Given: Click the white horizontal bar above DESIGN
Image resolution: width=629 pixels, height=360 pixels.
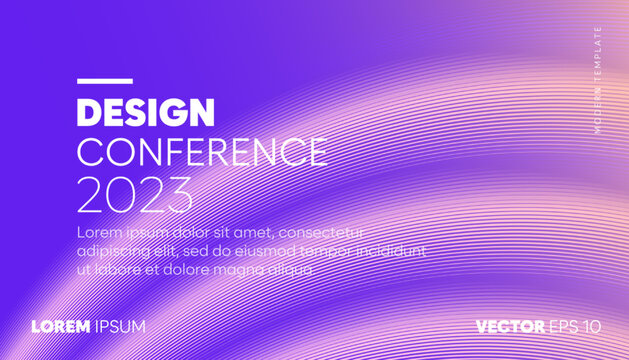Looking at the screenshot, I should (x=104, y=80).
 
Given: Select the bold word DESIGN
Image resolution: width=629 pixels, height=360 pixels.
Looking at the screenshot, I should (x=145, y=112).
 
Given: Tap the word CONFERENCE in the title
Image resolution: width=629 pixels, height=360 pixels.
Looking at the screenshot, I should (x=202, y=152).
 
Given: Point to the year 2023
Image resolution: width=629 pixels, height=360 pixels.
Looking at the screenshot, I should (x=135, y=195).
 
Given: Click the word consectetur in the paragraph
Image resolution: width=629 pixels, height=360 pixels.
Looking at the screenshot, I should (x=323, y=232).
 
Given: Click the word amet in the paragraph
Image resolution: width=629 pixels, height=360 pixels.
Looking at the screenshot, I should (x=259, y=232).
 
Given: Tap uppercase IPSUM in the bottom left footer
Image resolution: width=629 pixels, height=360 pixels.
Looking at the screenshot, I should (x=121, y=327).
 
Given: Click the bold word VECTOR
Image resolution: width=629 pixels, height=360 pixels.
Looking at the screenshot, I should (x=511, y=327).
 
